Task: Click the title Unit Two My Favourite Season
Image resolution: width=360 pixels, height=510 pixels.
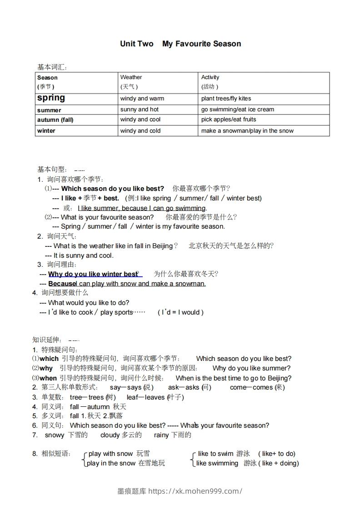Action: click(180, 44)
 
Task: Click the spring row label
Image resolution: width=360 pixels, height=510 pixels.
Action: click(51, 98)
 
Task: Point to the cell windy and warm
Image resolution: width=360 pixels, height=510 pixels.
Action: click(142, 98)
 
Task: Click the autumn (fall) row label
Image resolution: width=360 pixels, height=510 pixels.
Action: click(55, 120)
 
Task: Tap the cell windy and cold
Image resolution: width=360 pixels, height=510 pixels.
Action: click(140, 130)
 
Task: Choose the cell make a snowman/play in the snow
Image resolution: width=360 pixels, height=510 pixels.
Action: click(247, 130)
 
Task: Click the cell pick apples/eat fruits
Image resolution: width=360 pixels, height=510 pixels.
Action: click(229, 120)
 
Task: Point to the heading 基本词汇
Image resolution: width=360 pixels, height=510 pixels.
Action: click(52, 67)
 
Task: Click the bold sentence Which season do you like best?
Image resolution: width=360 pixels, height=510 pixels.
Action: click(112, 188)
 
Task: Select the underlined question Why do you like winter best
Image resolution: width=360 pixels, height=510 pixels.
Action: click(93, 274)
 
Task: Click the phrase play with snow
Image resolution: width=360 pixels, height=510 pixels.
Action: click(110, 454)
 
